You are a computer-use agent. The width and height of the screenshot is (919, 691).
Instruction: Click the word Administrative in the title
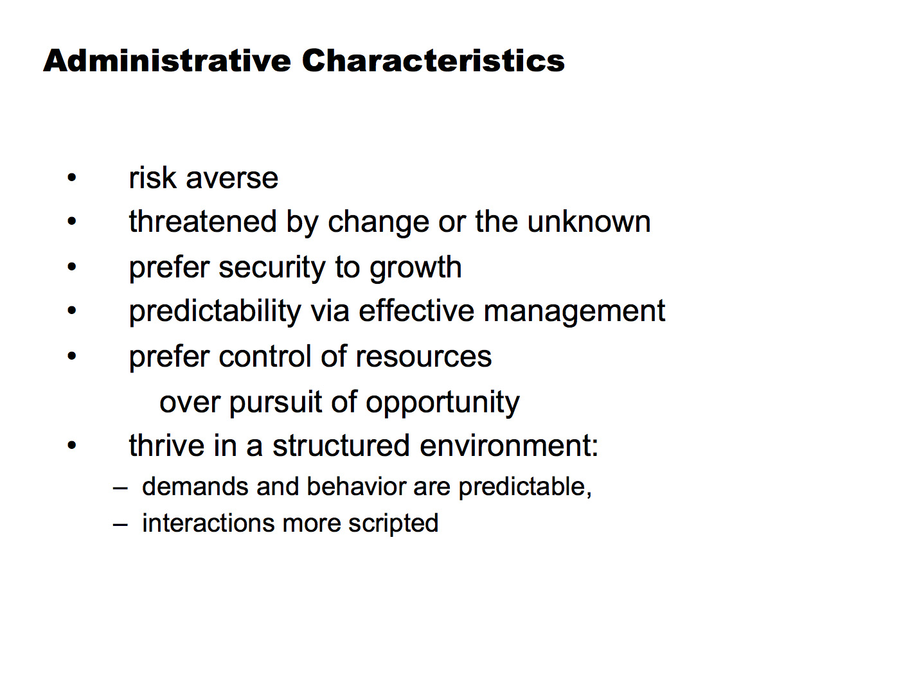(x=167, y=60)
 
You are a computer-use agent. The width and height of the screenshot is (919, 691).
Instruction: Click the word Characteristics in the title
(x=433, y=60)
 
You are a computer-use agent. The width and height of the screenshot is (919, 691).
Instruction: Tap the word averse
(x=232, y=178)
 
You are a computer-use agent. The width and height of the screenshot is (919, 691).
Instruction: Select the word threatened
(x=203, y=222)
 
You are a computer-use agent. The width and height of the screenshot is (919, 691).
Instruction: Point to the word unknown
(x=589, y=222)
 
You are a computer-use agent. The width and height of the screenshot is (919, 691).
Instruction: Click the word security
(x=272, y=268)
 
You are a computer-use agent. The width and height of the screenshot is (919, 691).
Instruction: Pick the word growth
(x=416, y=268)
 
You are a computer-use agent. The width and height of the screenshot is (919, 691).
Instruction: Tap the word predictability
(x=215, y=311)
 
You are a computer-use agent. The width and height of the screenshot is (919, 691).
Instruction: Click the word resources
(x=424, y=357)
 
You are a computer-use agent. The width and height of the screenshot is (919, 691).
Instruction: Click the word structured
(x=341, y=446)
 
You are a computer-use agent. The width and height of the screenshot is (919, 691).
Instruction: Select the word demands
(x=195, y=487)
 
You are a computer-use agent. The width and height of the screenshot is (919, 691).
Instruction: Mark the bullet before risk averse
(x=71, y=177)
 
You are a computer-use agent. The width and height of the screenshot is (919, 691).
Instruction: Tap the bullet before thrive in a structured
(x=71, y=446)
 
